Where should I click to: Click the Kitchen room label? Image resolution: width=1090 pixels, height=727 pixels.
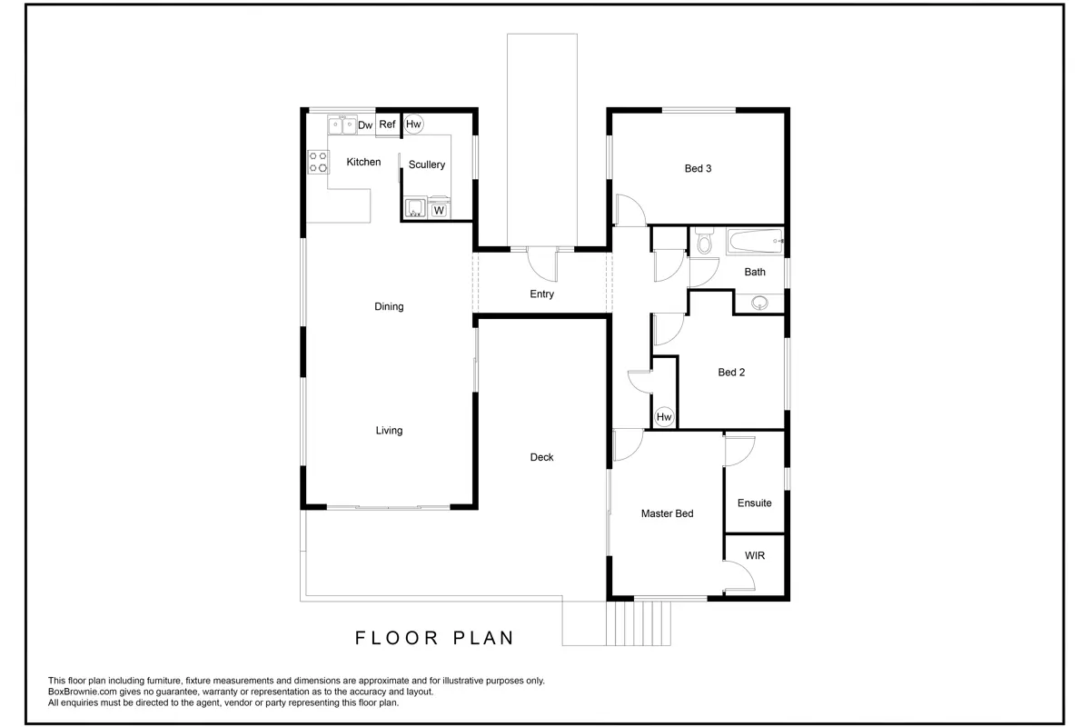[x=363, y=162]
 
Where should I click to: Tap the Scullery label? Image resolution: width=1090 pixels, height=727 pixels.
[x=427, y=164]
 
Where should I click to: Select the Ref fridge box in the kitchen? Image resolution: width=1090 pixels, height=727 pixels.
[x=387, y=124]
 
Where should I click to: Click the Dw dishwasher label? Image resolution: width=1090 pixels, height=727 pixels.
[x=365, y=125]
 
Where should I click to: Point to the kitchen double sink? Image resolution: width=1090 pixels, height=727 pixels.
[x=342, y=124]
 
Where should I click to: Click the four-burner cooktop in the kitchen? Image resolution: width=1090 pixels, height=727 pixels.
[x=318, y=162]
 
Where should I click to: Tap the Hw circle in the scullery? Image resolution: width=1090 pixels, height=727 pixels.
[x=413, y=124]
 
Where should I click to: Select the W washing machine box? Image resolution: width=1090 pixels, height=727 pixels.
[x=439, y=210]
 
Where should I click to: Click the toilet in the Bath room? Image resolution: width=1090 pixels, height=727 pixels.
[x=704, y=241]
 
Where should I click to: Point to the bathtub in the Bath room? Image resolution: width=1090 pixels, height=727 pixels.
[x=755, y=241]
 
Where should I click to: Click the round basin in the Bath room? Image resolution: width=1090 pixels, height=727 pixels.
[x=759, y=303]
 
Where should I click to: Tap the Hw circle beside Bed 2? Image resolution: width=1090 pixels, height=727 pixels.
[x=664, y=417]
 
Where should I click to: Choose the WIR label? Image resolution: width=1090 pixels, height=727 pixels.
[x=755, y=555]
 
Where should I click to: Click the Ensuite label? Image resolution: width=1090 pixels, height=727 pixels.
[x=755, y=503]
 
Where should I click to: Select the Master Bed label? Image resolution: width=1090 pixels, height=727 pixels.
[x=667, y=513]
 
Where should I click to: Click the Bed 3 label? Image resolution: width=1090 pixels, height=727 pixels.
[x=698, y=168]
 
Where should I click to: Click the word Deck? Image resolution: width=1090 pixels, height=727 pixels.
[x=541, y=457]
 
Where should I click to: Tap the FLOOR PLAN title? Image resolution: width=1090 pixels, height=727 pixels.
[x=434, y=638]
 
